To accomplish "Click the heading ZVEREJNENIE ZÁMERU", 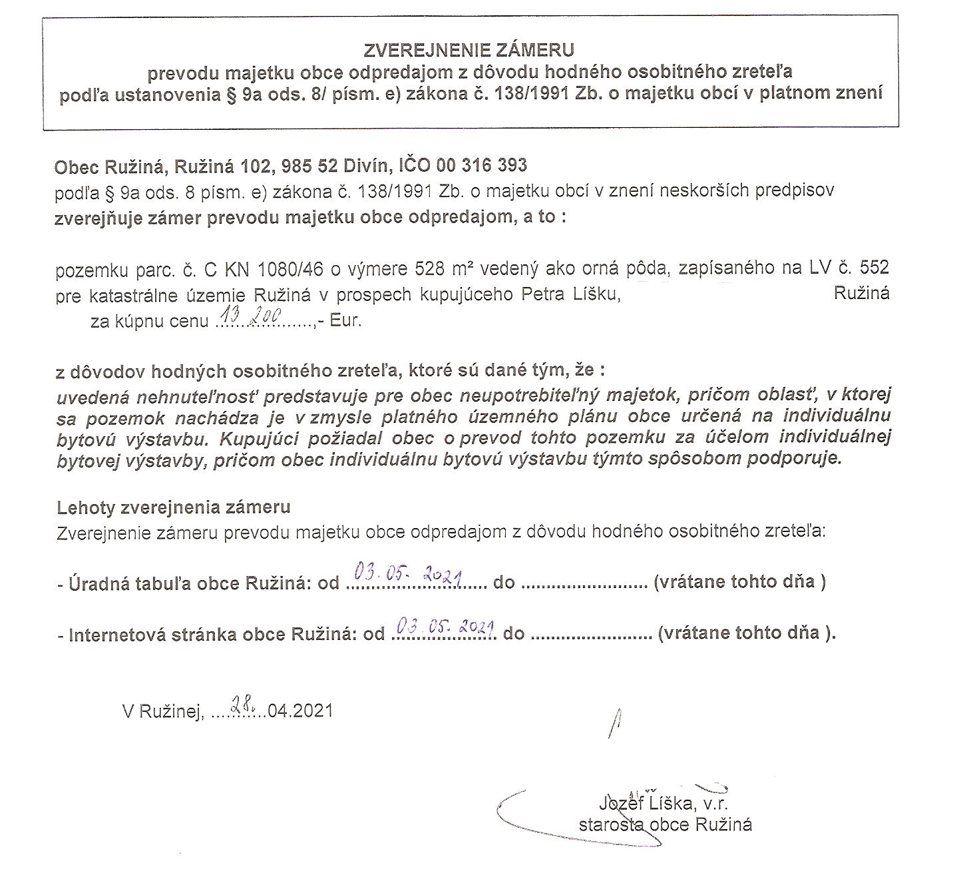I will pyautogui.click(x=469, y=50).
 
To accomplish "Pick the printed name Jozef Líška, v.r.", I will pyautogui.click(x=665, y=804).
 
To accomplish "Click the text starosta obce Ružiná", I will pyautogui.click(x=665, y=824).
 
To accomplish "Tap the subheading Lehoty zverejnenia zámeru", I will pyautogui.click(x=174, y=507).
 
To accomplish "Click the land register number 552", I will pyautogui.click(x=874, y=268).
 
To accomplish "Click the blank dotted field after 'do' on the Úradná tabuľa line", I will pyautogui.click(x=584, y=585).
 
